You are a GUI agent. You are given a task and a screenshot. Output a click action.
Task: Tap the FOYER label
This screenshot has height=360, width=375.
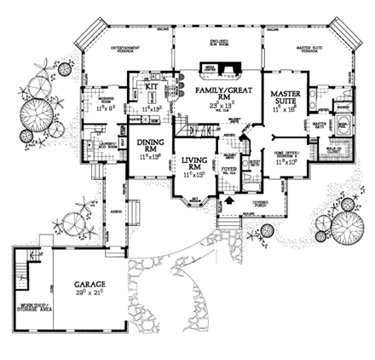coord(228,168)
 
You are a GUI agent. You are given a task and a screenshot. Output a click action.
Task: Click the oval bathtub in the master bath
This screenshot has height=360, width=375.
coord(341,124)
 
